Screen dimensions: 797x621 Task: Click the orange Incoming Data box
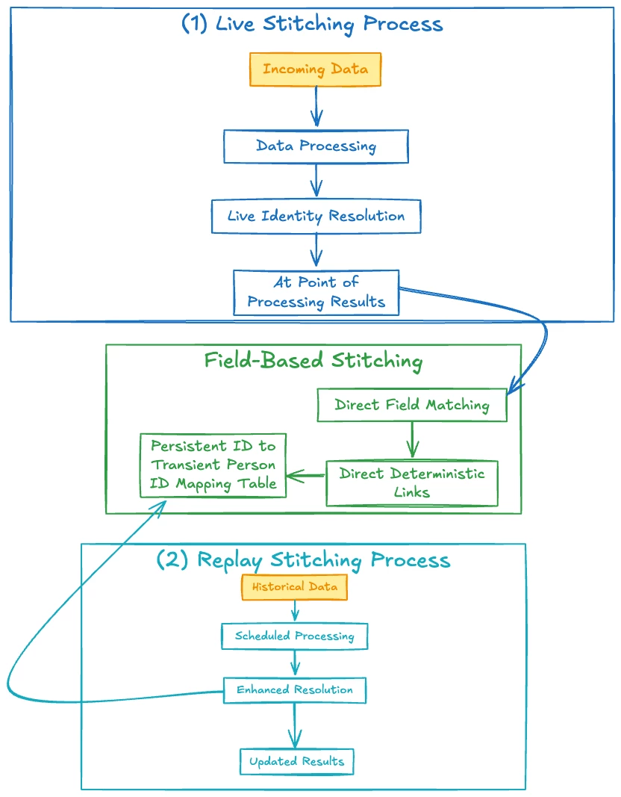[316, 69]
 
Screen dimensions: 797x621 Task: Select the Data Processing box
[316, 146]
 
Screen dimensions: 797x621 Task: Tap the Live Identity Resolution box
[316, 217]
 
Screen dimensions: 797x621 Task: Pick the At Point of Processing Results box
[316, 292]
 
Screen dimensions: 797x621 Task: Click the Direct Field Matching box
[412, 406]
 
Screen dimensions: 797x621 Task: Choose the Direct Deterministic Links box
[412, 483]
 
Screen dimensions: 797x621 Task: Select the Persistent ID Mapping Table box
[213, 465]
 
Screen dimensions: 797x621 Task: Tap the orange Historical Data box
[294, 587]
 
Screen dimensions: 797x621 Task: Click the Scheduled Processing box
[294, 636]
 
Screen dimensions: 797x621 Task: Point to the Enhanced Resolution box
[295, 689]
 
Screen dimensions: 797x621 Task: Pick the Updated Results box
[296, 761]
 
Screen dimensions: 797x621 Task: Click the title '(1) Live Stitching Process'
[312, 24]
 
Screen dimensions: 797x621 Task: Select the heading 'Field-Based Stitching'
[313, 362]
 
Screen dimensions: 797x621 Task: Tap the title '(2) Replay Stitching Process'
[303, 560]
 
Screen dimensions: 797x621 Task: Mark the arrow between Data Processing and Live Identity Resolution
[316, 181]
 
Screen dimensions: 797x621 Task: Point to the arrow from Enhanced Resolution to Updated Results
[296, 725]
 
